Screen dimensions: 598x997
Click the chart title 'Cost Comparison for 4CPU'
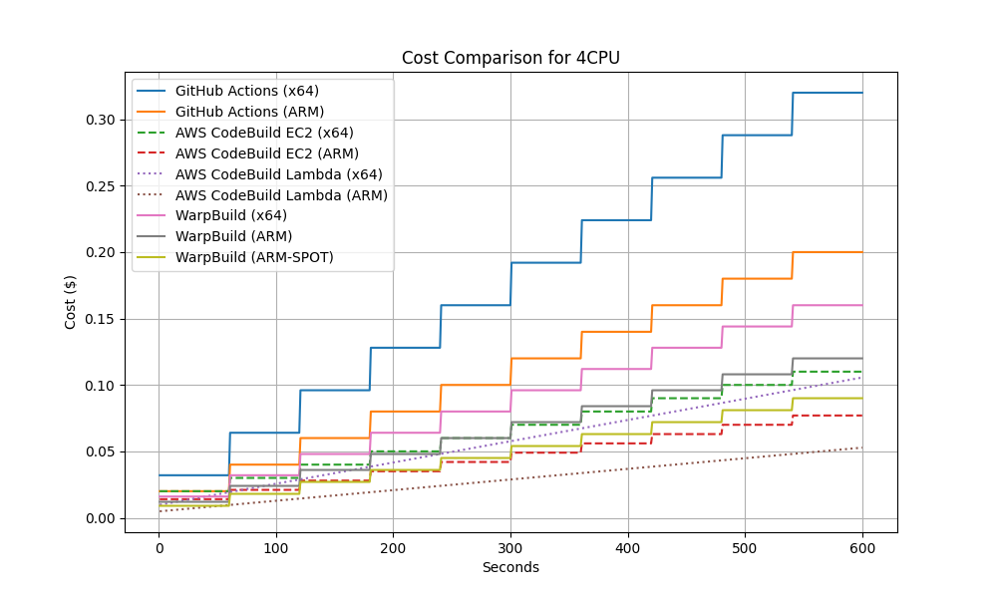pos(510,58)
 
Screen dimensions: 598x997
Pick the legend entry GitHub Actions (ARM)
pos(249,112)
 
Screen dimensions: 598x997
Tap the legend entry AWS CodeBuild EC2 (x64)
pos(264,133)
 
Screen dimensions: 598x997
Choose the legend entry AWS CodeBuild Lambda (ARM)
pos(281,195)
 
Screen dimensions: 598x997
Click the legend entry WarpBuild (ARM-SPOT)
pos(254,257)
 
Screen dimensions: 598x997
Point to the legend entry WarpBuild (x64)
pos(231,215)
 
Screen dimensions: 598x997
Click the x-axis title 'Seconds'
pos(510,568)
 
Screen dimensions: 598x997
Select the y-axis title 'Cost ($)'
pos(71,302)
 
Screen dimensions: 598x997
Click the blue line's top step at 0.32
pos(828,93)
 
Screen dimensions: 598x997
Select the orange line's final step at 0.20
pos(828,252)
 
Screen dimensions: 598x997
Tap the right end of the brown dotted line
pos(861,448)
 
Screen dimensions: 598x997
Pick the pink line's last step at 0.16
pos(828,305)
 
